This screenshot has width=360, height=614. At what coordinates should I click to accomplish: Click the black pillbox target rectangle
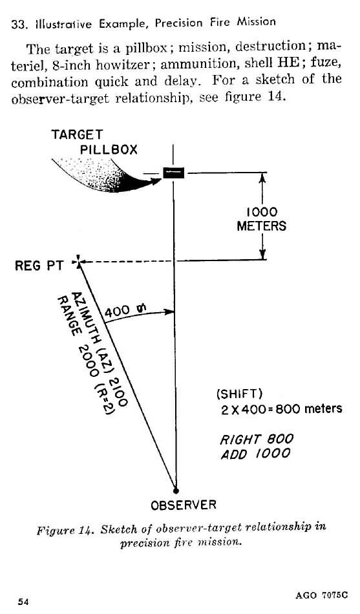tap(173, 173)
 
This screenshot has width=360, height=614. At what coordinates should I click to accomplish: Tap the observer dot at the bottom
tap(176, 490)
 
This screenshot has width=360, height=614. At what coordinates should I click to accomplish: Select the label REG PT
tap(39, 266)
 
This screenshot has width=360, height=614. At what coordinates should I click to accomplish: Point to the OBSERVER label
tap(184, 505)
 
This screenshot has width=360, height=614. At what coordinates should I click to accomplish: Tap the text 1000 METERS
tap(262, 219)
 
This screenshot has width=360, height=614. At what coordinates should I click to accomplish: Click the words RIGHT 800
tap(257, 439)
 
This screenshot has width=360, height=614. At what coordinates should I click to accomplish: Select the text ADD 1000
tap(255, 454)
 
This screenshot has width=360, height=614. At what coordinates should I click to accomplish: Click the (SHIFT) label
tap(239, 394)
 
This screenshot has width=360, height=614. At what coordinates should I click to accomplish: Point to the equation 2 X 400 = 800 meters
tap(281, 409)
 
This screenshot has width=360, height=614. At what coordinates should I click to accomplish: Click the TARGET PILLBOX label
tap(94, 142)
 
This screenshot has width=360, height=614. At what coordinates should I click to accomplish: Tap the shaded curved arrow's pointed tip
tap(160, 180)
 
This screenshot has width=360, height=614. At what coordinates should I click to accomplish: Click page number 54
tap(23, 602)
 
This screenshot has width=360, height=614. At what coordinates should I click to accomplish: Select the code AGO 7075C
tap(321, 595)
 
